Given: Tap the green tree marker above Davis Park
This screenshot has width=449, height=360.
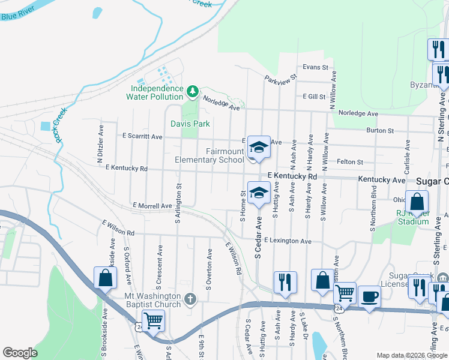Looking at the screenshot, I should point(193,92).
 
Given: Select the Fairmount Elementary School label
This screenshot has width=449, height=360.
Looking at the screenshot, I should point(209,156).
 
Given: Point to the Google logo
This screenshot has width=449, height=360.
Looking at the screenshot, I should point(20,353).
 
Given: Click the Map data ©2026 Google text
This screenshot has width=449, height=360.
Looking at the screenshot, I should point(412,355).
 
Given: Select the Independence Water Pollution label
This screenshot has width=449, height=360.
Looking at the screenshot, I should point(157,92).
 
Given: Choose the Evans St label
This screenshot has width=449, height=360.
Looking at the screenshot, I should point(316,67).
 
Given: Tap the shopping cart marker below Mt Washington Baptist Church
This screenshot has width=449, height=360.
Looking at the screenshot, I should point(153,321).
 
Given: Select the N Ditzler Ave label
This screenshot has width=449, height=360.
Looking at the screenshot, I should point(100,152).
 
